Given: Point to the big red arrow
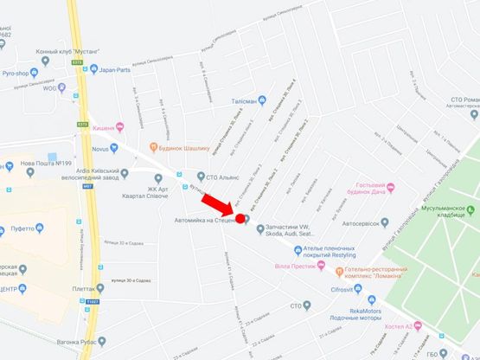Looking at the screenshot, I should [217, 207].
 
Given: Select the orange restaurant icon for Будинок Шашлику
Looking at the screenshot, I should [154, 146].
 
